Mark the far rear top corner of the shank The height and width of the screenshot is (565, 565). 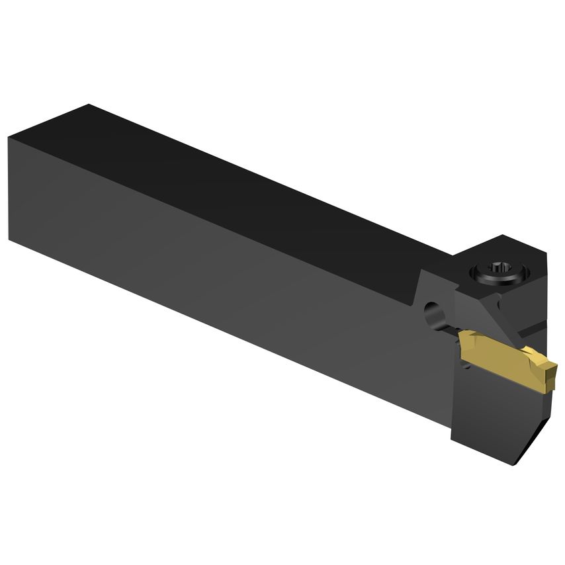(x=87, y=105)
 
